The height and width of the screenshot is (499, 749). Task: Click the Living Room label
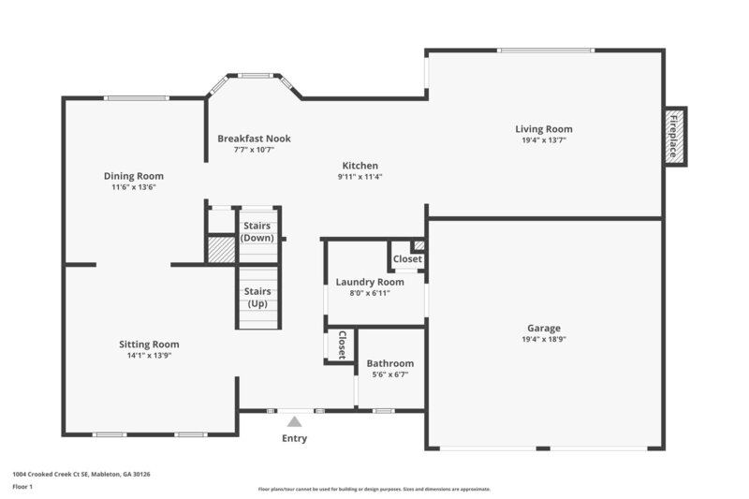pos(543,129)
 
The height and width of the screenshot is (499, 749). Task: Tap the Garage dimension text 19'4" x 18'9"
pos(543,340)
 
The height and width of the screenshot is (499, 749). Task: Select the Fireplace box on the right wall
pos(674,136)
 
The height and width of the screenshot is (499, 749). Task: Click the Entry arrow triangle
pos(294,422)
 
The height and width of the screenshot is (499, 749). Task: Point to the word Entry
pos(294,438)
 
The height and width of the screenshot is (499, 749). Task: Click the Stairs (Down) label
pos(257,231)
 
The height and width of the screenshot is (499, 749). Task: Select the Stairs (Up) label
pos(257,297)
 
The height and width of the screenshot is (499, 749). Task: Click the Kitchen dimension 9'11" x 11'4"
pos(360,176)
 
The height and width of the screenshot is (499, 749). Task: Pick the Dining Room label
pos(133,176)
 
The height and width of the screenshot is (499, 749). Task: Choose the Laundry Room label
pos(370,282)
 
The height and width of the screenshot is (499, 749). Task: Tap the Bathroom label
pos(389,363)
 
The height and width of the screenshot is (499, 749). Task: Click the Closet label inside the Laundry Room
pos(407,259)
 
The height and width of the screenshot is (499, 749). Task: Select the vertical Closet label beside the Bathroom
pos(342,344)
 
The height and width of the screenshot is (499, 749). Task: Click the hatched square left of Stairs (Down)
pos(221,250)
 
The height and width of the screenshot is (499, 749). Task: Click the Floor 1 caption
pos(22,487)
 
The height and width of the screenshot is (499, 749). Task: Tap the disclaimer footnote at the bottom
pos(374,489)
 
